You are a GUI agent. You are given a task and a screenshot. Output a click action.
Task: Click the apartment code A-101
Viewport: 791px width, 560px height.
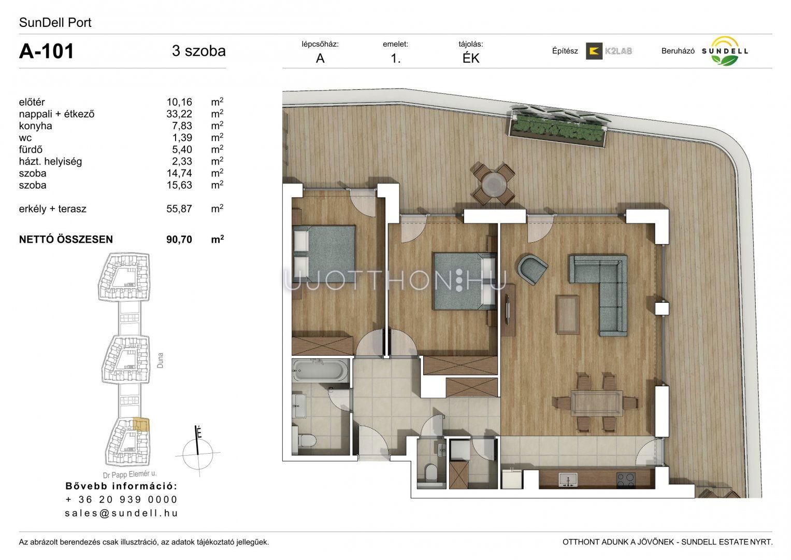[46, 51]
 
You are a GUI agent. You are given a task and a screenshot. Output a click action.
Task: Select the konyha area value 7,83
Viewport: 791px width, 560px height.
[182, 125]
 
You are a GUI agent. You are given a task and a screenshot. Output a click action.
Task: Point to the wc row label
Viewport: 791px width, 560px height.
[25, 138]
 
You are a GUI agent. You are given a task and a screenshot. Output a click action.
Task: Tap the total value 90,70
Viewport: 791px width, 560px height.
[179, 240]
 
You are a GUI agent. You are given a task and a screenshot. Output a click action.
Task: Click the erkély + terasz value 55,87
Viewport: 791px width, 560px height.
[179, 208]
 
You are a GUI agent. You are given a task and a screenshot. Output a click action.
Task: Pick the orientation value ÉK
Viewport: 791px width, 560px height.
[471, 58]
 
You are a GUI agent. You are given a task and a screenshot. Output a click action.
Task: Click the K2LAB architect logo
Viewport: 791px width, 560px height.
[609, 51]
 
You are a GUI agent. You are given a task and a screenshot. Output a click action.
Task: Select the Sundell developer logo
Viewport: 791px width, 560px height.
[725, 51]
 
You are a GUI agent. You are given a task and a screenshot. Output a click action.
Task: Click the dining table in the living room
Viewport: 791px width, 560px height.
[596, 403]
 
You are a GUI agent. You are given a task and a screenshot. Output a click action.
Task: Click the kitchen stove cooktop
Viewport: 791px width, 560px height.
[626, 481]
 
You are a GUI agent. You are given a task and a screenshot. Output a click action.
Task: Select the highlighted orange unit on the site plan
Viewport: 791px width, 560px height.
[141, 425]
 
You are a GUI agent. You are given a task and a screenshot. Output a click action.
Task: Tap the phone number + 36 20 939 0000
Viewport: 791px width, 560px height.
[121, 499]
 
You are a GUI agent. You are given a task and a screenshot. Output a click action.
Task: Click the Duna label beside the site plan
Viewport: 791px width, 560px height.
[160, 360]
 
